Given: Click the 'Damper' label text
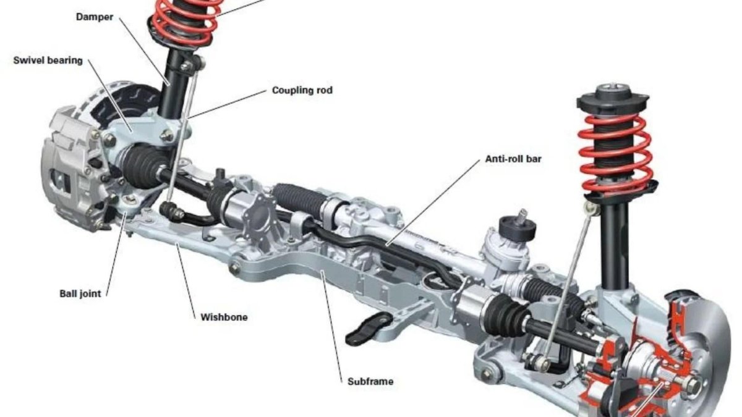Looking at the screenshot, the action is [95, 17].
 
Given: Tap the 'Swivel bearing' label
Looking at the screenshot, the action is [48, 61].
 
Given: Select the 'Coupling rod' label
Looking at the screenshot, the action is [302, 90].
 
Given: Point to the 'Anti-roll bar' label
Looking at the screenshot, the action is [513, 159].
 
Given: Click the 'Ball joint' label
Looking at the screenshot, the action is [80, 293].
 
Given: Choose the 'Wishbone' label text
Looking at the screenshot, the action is [224, 317].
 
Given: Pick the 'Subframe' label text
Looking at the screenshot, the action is [370, 381].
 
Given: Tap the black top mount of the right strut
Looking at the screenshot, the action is [613, 100].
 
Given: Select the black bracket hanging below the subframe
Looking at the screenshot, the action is [369, 327].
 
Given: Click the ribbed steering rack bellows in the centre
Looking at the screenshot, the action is [297, 199].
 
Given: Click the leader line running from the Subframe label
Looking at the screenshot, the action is [332, 327].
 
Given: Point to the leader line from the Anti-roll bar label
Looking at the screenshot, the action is [433, 203].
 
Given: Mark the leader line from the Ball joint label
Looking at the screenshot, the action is [117, 254].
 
